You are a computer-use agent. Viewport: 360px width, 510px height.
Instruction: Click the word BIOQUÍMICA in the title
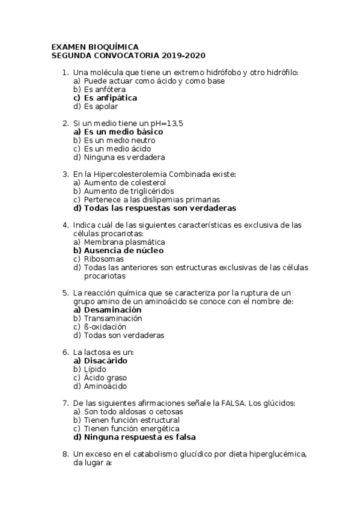[114, 47]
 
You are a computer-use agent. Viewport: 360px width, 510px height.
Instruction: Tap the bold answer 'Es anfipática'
[110, 97]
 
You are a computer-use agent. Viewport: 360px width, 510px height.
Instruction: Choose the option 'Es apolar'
[100, 106]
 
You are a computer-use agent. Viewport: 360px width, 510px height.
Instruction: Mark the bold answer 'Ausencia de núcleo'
[123, 250]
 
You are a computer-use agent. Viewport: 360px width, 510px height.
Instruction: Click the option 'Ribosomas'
[103, 259]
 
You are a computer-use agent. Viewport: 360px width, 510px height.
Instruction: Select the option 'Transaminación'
[113, 318]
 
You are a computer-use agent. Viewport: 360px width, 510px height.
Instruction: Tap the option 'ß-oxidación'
[105, 327]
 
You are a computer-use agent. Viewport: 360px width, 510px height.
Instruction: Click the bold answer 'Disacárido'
[105, 361]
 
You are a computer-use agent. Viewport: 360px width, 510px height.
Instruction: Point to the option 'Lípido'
[95, 369]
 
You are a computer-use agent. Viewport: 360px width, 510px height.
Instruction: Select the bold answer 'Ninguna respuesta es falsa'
[139, 437]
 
